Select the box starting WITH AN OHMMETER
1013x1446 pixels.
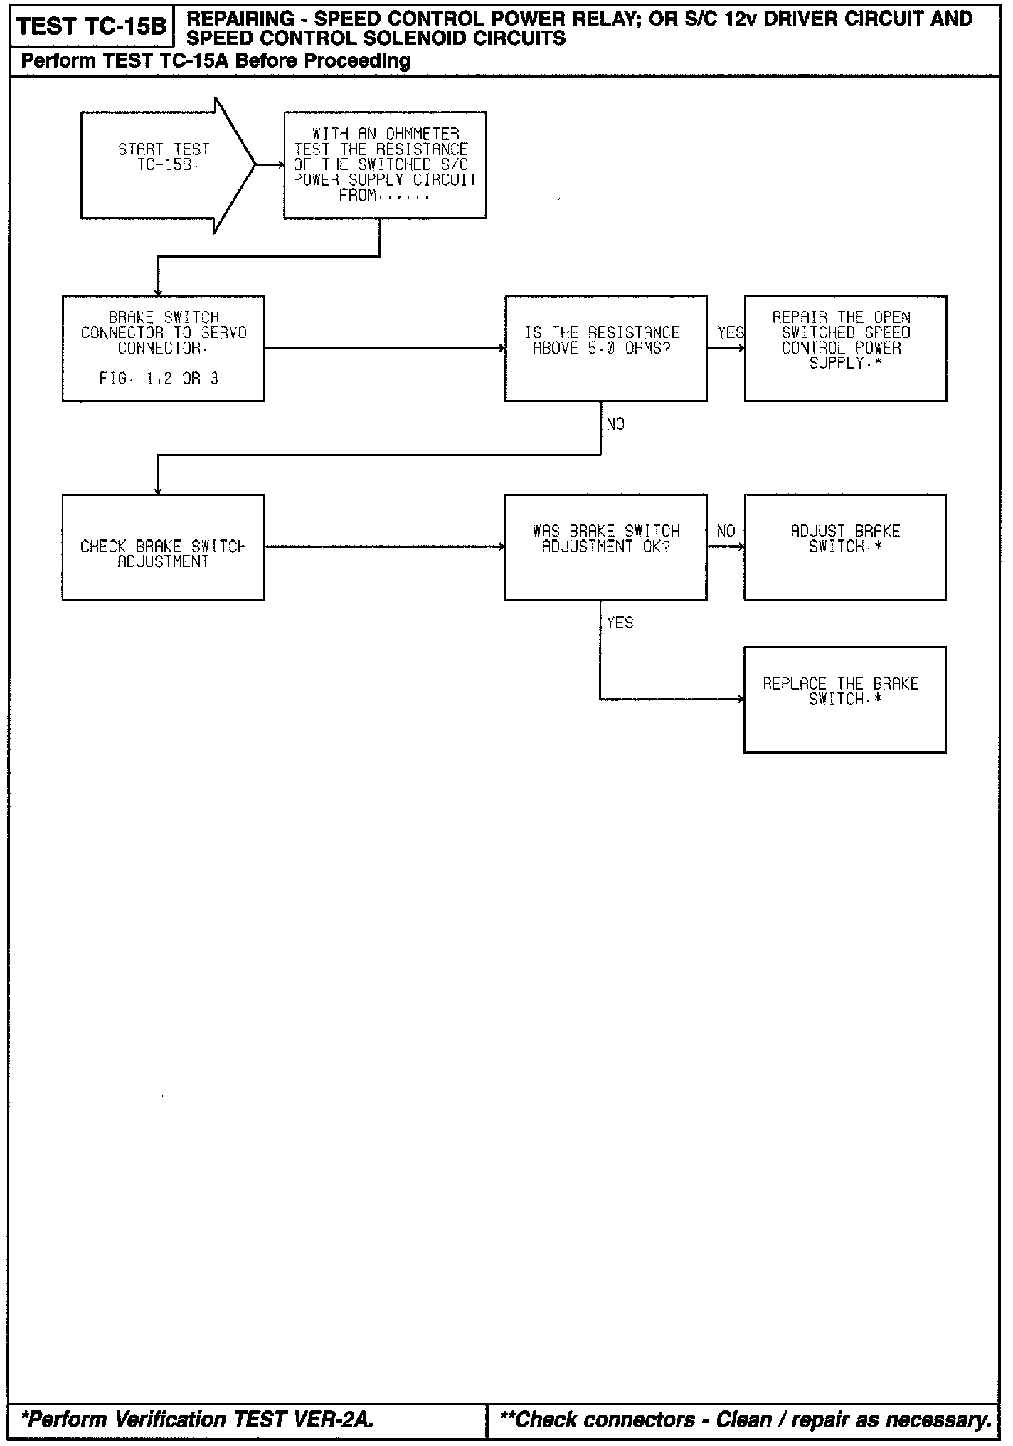tap(385, 165)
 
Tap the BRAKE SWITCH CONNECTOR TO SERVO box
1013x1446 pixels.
tap(164, 349)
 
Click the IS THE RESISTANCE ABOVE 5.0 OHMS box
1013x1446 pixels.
tap(605, 349)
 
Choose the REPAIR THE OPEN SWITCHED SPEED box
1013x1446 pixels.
tap(845, 349)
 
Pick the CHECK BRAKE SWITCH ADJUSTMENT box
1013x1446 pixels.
tap(164, 547)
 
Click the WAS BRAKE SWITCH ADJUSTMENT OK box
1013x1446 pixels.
tap(605, 547)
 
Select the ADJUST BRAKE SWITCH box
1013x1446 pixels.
tap(845, 547)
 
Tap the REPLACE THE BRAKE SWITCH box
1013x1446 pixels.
tap(845, 700)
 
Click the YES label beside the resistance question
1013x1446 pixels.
tap(730, 332)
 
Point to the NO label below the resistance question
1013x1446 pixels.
tap(615, 424)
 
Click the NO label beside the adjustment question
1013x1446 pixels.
tap(726, 531)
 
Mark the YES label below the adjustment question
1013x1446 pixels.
tap(620, 623)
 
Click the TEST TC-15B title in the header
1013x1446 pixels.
tap(91, 27)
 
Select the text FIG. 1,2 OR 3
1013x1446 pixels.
tap(159, 379)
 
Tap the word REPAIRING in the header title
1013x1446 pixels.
tap(230, 19)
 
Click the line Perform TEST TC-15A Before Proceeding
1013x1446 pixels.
tap(216, 61)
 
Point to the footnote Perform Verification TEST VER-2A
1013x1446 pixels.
tap(198, 1419)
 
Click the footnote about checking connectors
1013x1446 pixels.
tap(746, 1419)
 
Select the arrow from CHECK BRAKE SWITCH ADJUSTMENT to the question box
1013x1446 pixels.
tap(384, 547)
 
